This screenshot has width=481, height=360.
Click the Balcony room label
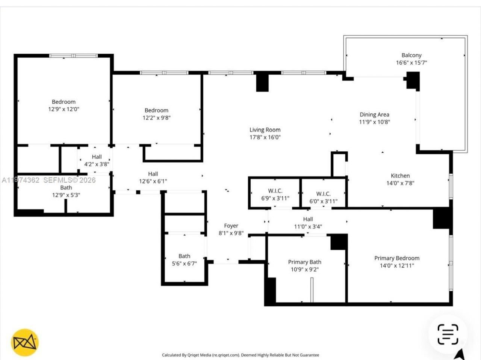411,56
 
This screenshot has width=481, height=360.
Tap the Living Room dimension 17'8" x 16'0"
265,137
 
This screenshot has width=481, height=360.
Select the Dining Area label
374,115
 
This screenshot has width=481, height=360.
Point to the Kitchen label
400,176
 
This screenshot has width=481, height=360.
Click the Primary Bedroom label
396,258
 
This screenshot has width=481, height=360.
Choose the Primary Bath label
304,262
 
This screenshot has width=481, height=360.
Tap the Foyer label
231,226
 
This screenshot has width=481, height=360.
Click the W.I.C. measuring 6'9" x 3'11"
275,194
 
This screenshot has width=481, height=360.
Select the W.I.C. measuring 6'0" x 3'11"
323,197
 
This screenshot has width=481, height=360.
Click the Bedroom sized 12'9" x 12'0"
64,105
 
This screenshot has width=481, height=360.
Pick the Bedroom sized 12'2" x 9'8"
156,114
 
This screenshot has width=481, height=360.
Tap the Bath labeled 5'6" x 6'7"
184,260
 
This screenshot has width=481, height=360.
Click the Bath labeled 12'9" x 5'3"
66,191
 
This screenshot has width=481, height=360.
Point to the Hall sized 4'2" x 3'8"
97,160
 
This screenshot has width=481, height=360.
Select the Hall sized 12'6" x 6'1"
153,177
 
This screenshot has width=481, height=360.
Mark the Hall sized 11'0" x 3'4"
308,223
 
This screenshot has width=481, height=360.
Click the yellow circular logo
25,342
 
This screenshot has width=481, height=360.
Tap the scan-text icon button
448,334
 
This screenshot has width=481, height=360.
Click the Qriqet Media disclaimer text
240,355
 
